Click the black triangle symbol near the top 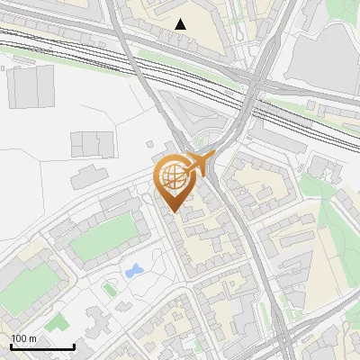tap(181, 24)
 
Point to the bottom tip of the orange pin tap(173, 212)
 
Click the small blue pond tap(134, 270)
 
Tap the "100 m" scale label tap(23, 338)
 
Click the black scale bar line tap(42, 346)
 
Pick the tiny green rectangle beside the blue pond tap(110, 290)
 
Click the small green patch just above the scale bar tap(57, 321)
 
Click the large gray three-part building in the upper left tap(35, 87)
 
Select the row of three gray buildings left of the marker tap(93, 142)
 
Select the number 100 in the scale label tap(18, 338)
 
